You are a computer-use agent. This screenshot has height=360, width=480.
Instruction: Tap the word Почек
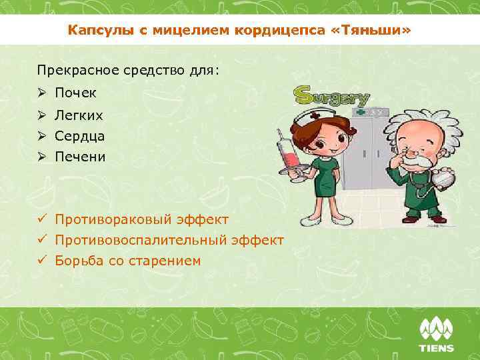76,93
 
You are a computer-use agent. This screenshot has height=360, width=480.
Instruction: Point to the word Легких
79,115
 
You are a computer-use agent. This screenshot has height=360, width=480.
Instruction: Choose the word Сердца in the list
80,136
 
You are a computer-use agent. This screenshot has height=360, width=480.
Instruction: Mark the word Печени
81,157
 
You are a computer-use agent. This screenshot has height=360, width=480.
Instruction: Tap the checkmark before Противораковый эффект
41,219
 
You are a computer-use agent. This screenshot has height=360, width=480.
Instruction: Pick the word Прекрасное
69,70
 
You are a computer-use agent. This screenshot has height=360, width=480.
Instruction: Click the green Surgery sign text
332,97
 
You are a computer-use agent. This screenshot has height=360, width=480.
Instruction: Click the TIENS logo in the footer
436,335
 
